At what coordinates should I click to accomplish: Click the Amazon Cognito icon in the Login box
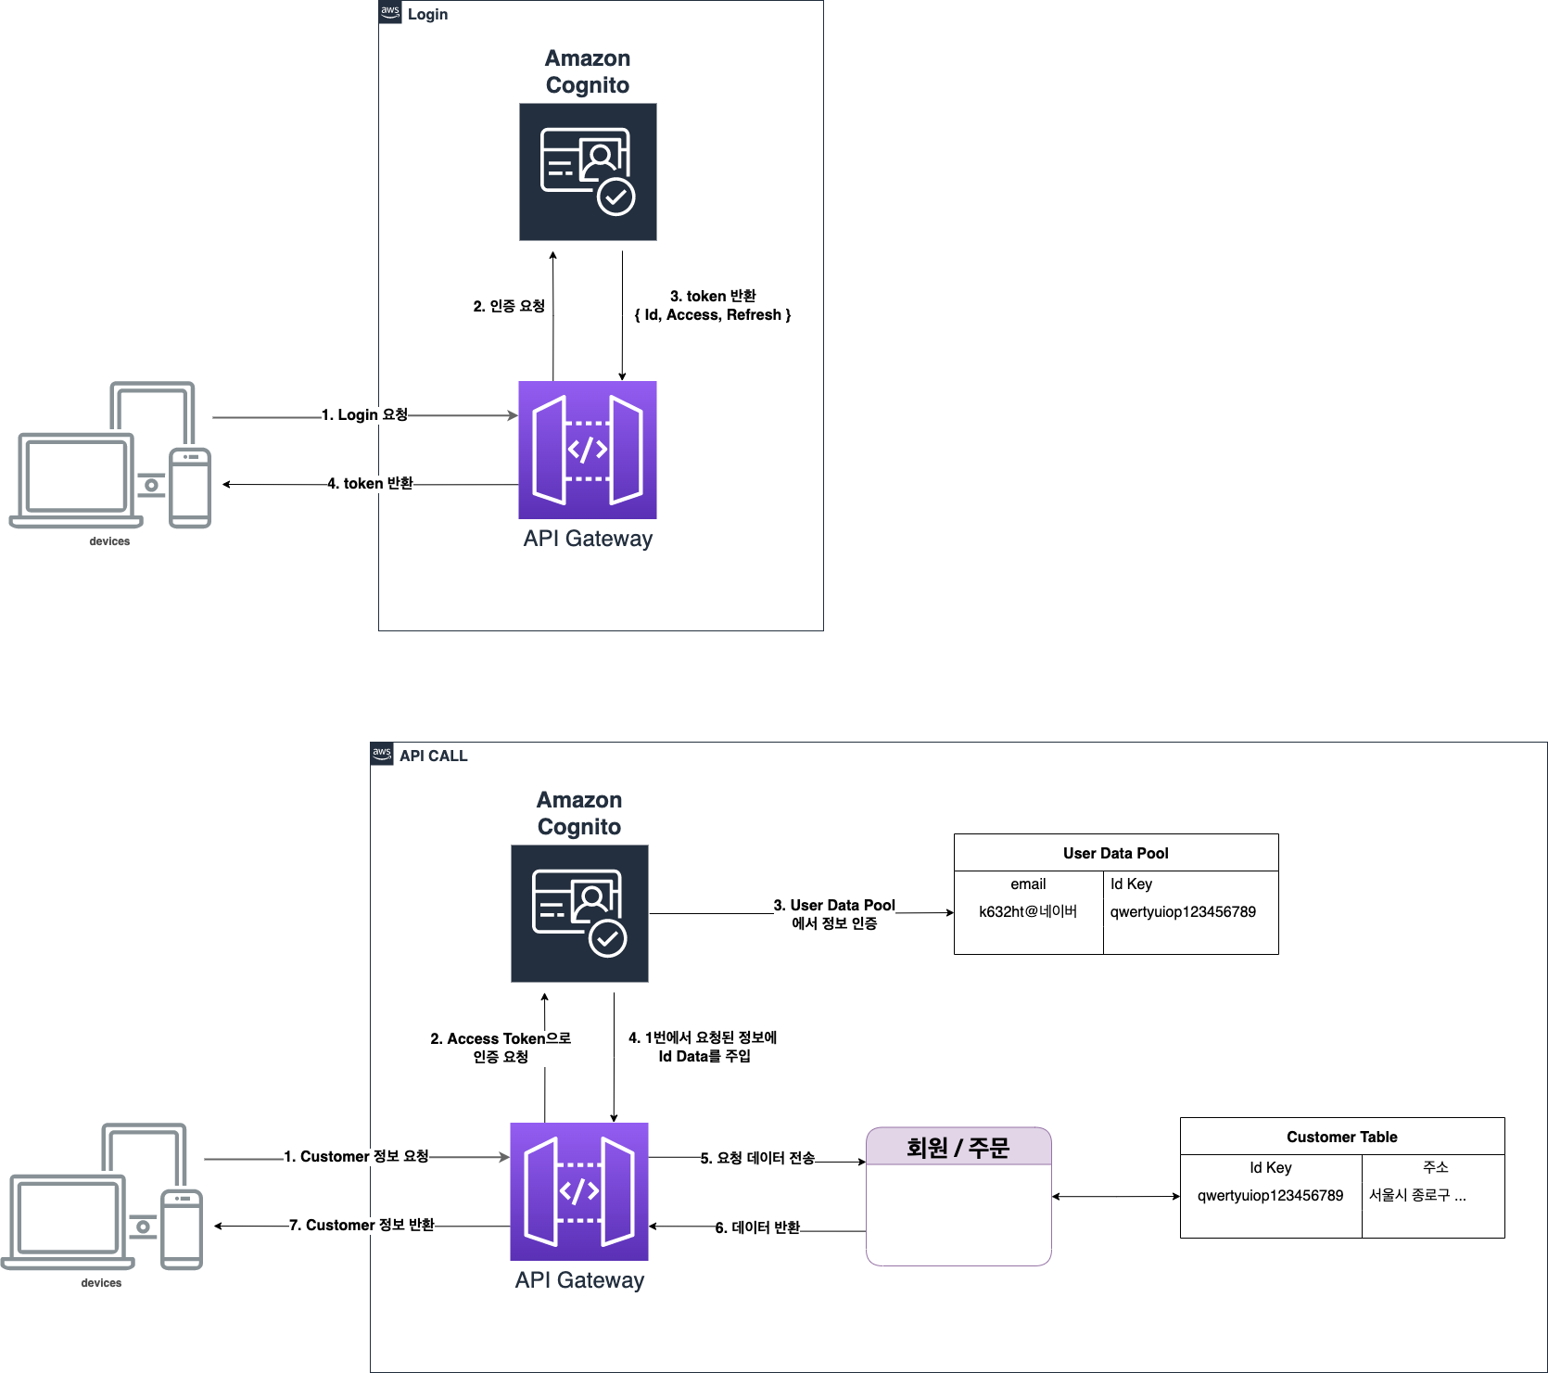pos(588,172)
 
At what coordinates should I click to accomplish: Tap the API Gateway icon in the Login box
pos(588,450)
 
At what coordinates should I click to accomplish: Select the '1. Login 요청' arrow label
pos(364,414)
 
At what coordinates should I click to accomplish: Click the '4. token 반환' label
pos(370,483)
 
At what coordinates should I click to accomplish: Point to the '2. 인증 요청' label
pos(509,306)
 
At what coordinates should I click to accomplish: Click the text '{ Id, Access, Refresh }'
pos(712,315)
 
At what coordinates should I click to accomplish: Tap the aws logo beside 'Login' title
pos(390,12)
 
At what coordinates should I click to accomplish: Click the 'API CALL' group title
pos(433,756)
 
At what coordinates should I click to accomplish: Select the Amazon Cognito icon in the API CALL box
pos(579,913)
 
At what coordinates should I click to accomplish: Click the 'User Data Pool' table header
pos(1115,853)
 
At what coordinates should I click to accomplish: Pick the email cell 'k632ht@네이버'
pos(1028,911)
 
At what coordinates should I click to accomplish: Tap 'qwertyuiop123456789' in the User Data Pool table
pos(1183,911)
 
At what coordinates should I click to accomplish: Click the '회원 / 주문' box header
pos(958,1148)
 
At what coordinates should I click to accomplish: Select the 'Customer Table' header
pos(1341,1137)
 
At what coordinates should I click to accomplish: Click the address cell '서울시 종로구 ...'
pos(1417,1195)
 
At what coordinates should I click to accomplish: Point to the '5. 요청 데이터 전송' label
pos(757,1158)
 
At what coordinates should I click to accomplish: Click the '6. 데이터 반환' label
pos(757,1227)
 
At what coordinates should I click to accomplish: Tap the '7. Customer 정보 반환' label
pos(362,1225)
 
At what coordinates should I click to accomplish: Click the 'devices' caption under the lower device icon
pos(101,1283)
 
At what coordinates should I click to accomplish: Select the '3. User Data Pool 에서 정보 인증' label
pos(834,913)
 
